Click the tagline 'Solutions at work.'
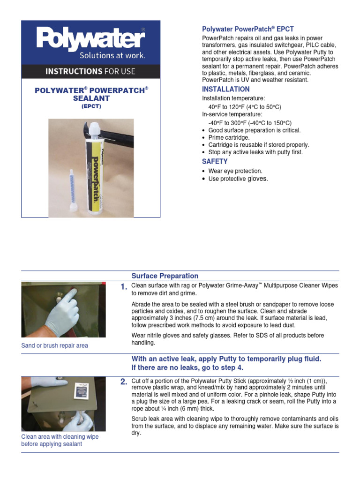pyautogui.click(x=112, y=55)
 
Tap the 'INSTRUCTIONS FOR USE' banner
pyautogui.click(x=90, y=71)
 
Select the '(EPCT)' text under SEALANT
pyautogui.click(x=91, y=106)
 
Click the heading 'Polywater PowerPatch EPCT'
pyautogui.click(x=247, y=29)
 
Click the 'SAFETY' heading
pyautogui.click(x=215, y=161)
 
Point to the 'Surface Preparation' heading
pyautogui.click(x=165, y=276)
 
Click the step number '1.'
pyautogui.click(x=124, y=288)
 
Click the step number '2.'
pyautogui.click(x=124, y=382)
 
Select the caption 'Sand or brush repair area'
pyautogui.click(x=54, y=345)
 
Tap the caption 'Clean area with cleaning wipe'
pyautogui.click(x=60, y=436)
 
